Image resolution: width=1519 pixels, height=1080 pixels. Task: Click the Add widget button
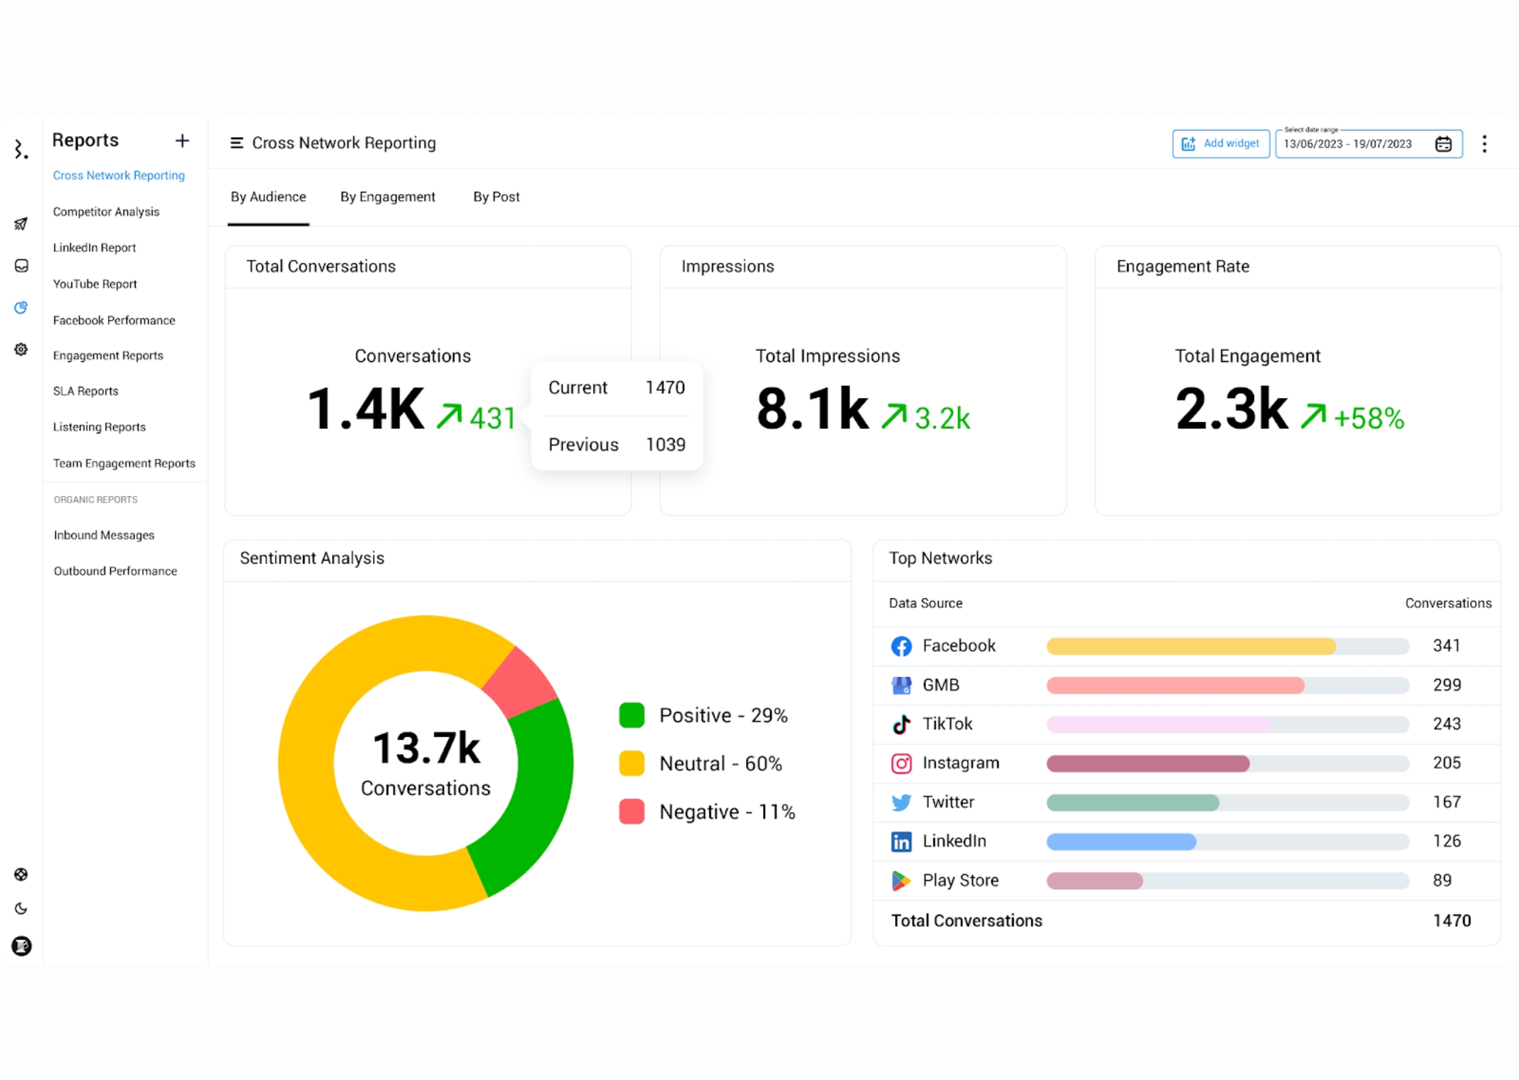coord(1220,143)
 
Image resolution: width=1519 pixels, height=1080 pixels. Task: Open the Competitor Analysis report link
coord(106,211)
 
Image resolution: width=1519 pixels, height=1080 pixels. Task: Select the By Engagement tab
coord(387,196)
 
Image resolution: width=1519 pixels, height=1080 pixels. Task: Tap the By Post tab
coord(496,196)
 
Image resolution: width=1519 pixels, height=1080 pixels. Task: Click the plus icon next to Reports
coord(182,141)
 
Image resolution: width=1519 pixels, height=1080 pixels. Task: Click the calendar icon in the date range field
coord(1443,144)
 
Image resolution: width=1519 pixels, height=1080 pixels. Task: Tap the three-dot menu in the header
coord(1484,144)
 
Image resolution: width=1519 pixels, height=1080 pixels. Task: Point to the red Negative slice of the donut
coord(521,680)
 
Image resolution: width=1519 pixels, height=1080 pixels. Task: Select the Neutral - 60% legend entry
coord(719,763)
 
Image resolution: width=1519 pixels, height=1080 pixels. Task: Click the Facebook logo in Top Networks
coord(901,646)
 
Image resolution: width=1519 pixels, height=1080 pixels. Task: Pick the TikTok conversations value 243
coord(1446,724)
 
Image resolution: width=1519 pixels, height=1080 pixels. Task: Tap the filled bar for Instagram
coord(1147,763)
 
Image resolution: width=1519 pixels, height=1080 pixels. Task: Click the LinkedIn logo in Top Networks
coord(901,841)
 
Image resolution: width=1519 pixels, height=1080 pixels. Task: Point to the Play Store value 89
coord(1442,880)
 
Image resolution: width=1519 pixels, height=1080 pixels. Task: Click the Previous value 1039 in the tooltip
coord(666,445)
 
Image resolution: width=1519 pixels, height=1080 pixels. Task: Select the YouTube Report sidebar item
coord(95,283)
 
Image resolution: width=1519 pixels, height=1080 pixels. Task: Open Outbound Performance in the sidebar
coord(115,571)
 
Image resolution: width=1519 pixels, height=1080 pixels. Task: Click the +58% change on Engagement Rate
coord(1368,418)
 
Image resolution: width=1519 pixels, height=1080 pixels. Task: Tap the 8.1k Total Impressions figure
coord(812,409)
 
